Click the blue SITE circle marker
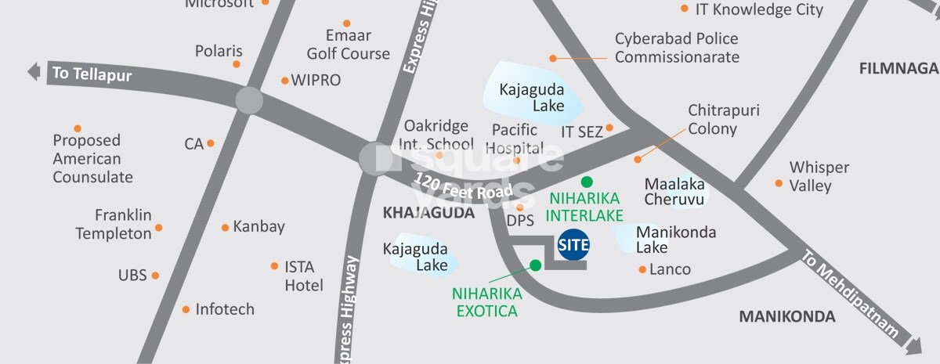[x=573, y=245]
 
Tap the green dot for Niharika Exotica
[x=535, y=265]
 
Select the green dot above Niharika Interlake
[x=587, y=182]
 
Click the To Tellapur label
[x=92, y=75]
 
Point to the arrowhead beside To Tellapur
[x=34, y=72]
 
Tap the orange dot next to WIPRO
[x=284, y=81]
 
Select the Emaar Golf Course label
[x=348, y=45]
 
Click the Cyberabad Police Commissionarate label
[x=676, y=48]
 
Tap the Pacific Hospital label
[x=515, y=139]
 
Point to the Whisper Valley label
[x=819, y=177]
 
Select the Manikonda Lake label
[x=675, y=240]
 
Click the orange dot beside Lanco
[x=642, y=269]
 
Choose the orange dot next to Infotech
[x=186, y=309]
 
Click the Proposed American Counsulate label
[x=92, y=158]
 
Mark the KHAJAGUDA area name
[x=428, y=213]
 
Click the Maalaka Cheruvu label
[x=674, y=192]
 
